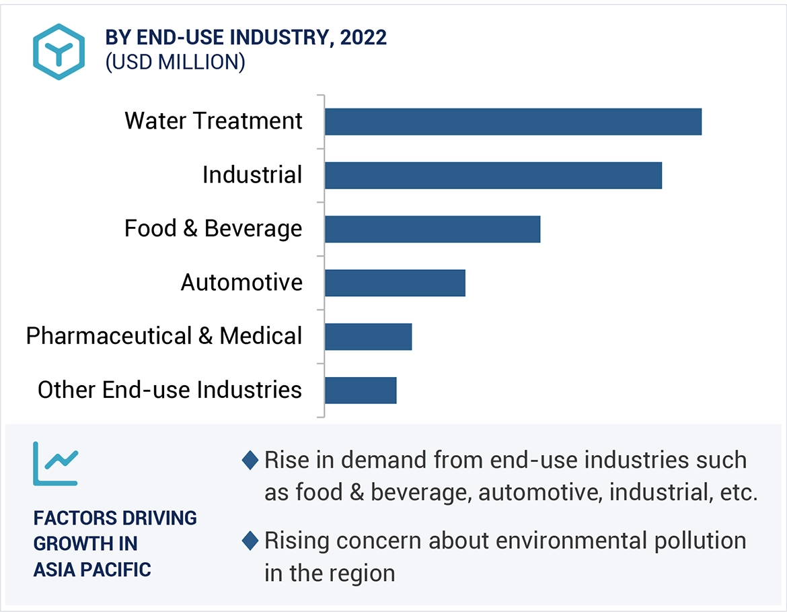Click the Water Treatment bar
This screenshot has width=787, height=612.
(513, 122)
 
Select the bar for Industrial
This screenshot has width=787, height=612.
(493, 175)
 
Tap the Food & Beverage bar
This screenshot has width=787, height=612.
(432, 229)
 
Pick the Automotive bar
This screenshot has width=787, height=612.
(395, 283)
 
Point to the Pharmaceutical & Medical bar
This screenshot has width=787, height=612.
(368, 337)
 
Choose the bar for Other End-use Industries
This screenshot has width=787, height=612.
(361, 390)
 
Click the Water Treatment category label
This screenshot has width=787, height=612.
(213, 121)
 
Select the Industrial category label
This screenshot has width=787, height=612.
(252, 175)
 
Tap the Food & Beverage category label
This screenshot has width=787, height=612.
(213, 229)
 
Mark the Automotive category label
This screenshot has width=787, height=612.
(241, 283)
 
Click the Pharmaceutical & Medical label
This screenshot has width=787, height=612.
(164, 336)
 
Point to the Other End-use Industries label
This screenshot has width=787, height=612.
(170, 390)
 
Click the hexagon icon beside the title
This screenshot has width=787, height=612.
(59, 52)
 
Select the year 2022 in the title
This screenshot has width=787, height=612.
(363, 38)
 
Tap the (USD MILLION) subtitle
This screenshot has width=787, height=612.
(175, 62)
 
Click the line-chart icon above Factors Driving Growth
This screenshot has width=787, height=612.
(56, 464)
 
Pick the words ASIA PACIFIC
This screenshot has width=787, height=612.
(92, 570)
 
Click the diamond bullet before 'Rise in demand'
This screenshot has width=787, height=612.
(250, 461)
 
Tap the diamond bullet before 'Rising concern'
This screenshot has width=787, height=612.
(250, 541)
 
